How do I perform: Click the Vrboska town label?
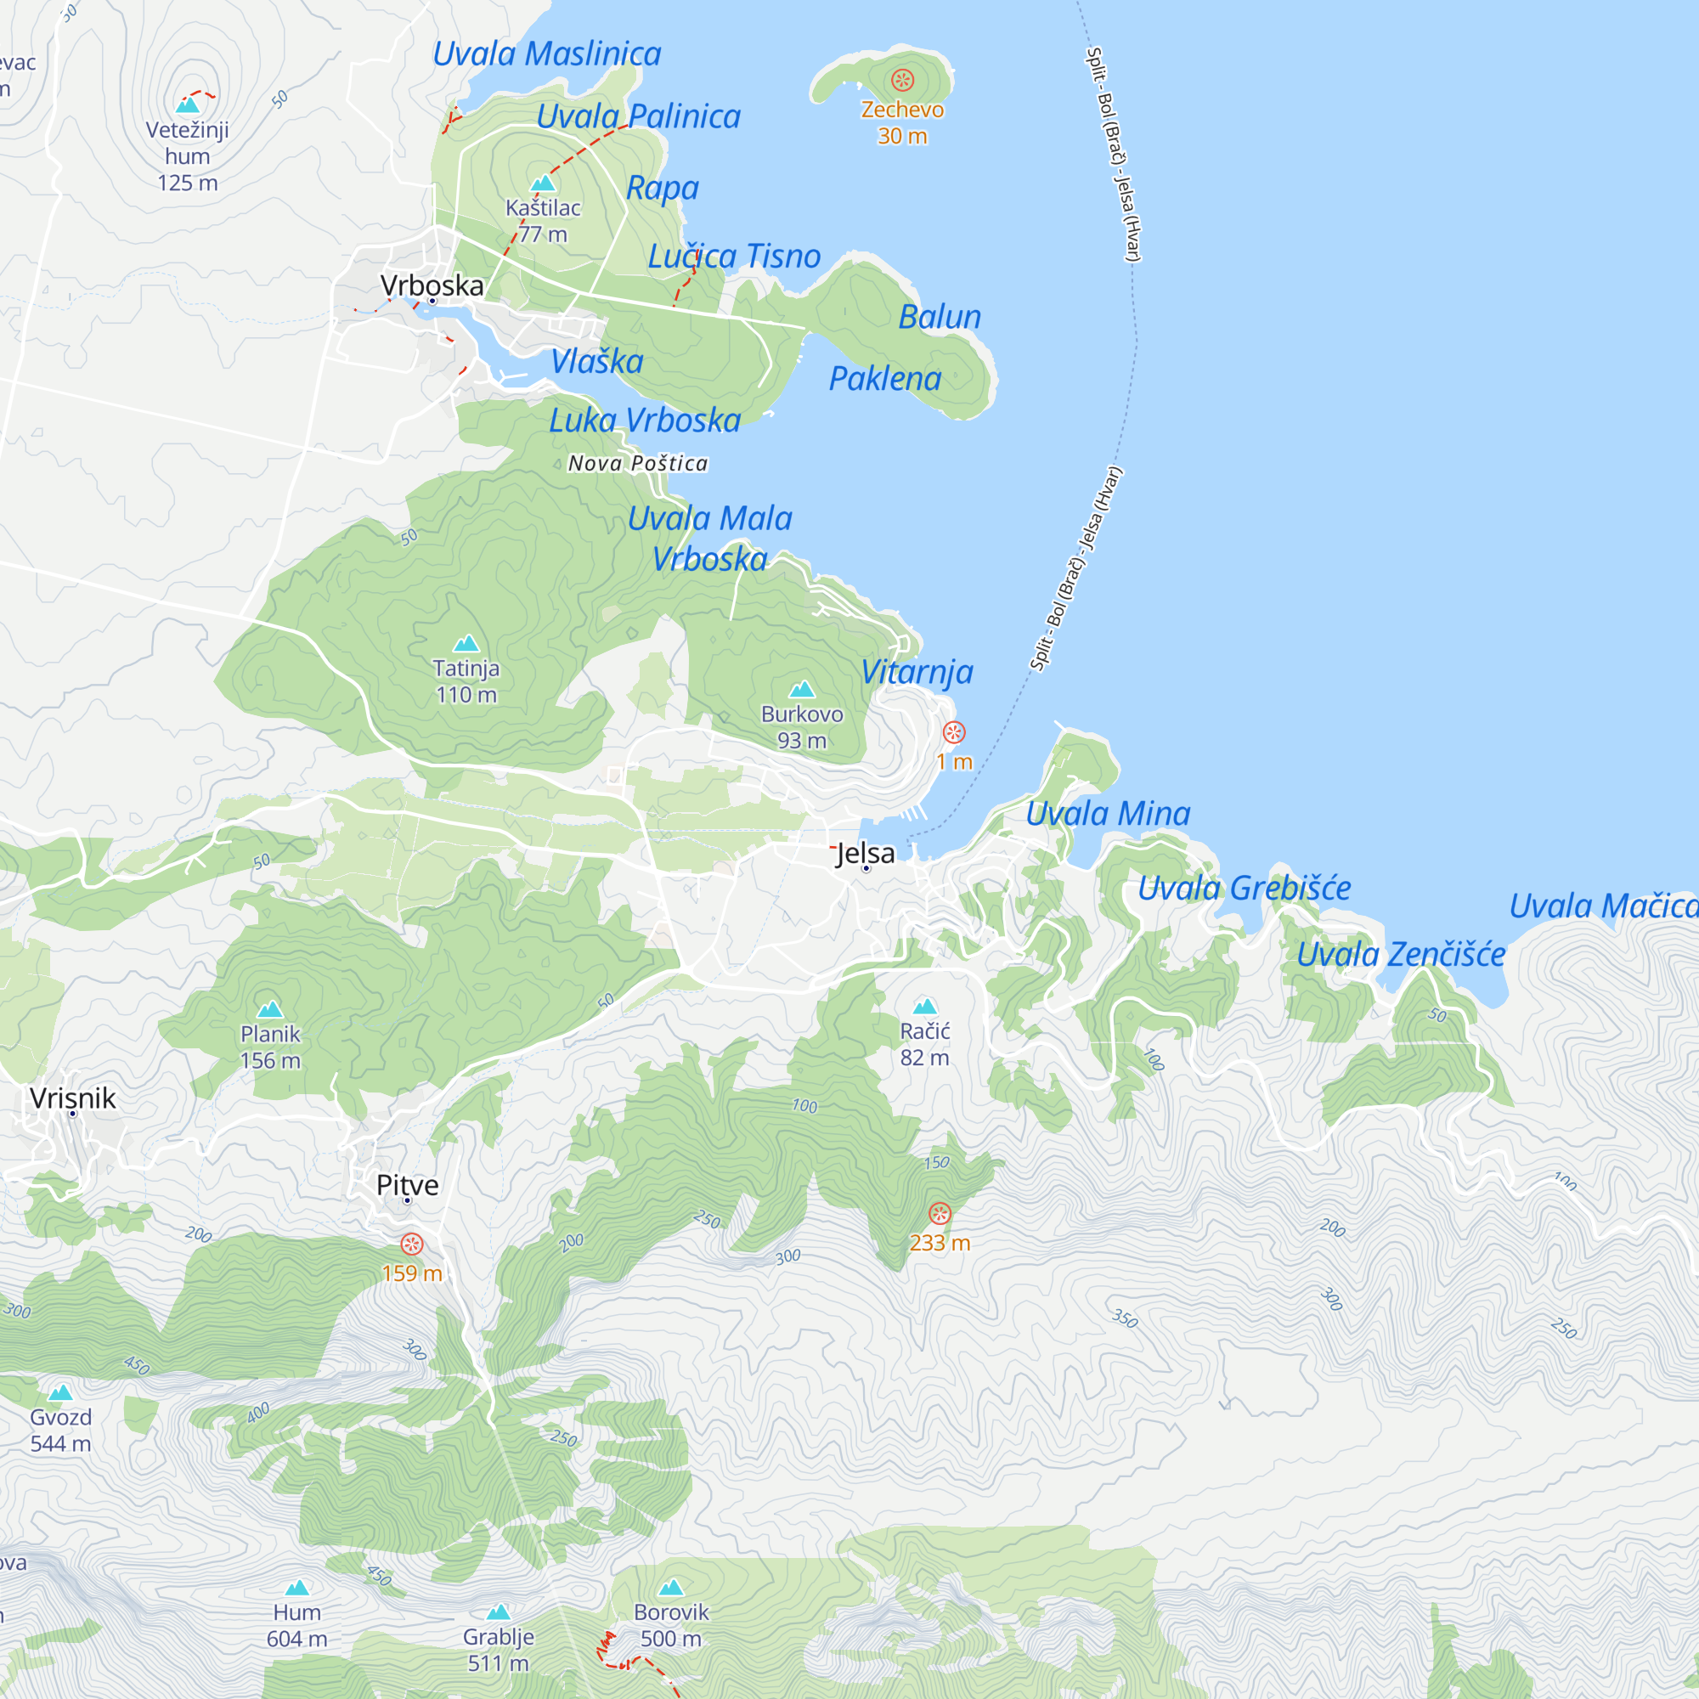(x=432, y=285)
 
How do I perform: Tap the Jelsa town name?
(x=866, y=853)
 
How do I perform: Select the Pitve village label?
(x=407, y=1184)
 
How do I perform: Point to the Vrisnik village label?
(x=73, y=1098)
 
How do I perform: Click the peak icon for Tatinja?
(x=466, y=644)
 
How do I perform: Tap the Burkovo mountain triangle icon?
(x=801, y=689)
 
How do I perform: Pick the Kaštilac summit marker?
(x=543, y=183)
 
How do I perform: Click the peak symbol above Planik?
(x=270, y=1008)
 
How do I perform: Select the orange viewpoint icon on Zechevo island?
(x=902, y=81)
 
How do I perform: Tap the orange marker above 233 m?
(x=940, y=1215)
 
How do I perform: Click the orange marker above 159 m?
(x=411, y=1245)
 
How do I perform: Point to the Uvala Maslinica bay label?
(x=547, y=54)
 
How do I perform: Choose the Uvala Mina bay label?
(x=1108, y=814)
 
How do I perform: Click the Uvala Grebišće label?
(x=1244, y=889)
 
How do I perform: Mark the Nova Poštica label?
(x=638, y=464)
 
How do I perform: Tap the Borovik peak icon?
(x=671, y=1588)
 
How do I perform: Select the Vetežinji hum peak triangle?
(x=187, y=106)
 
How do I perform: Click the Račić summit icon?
(x=924, y=1006)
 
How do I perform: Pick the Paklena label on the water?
(x=884, y=379)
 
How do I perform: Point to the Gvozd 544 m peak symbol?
(x=60, y=1392)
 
